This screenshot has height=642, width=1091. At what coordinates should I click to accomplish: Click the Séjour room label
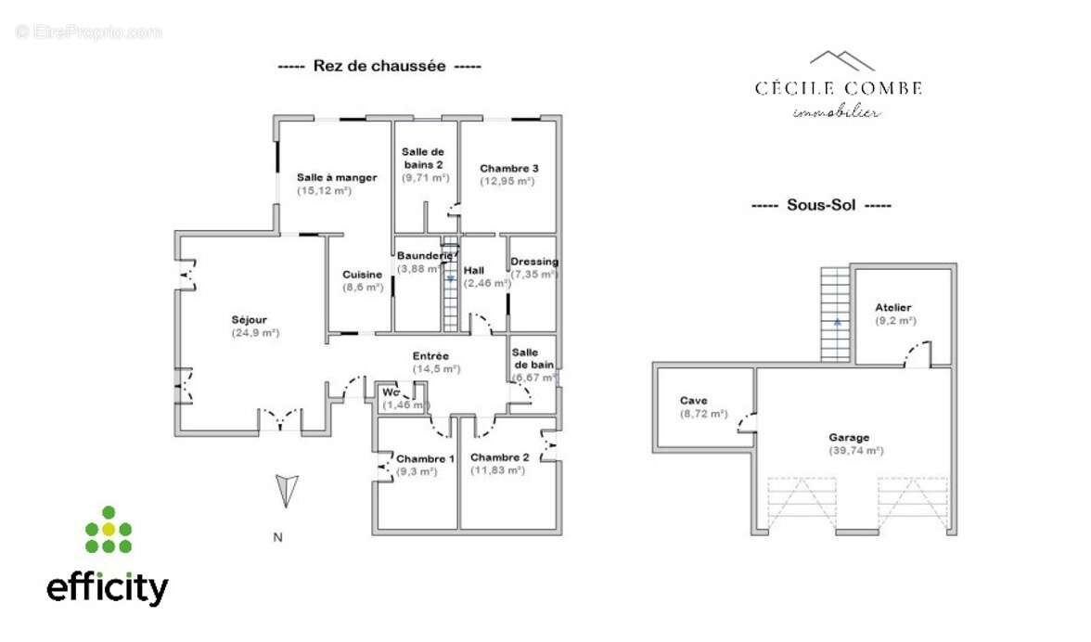pos(250,320)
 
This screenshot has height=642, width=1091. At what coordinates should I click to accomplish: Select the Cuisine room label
pos(362,275)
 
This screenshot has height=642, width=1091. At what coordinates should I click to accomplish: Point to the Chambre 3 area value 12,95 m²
pos(507,181)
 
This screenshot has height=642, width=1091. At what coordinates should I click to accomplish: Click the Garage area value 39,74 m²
pos(856,450)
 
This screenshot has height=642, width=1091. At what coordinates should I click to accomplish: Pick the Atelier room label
pos(892,307)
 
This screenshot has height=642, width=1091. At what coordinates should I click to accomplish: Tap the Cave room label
pos(693,401)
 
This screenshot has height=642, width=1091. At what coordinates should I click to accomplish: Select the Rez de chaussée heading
pos(379,66)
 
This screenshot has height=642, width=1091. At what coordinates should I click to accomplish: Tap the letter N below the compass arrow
pos(276,536)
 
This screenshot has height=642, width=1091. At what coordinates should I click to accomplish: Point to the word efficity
pos(108,587)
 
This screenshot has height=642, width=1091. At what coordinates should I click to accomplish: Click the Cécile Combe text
pos(838,88)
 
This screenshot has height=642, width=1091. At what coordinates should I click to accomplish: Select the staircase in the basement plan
pos(835,315)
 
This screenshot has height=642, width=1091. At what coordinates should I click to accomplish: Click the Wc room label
pos(391,392)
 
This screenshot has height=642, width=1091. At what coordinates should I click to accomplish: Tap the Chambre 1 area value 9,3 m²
pos(417,471)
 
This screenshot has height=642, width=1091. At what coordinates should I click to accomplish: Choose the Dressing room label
pos(534,262)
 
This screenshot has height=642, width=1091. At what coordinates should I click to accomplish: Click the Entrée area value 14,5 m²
pos(437,368)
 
